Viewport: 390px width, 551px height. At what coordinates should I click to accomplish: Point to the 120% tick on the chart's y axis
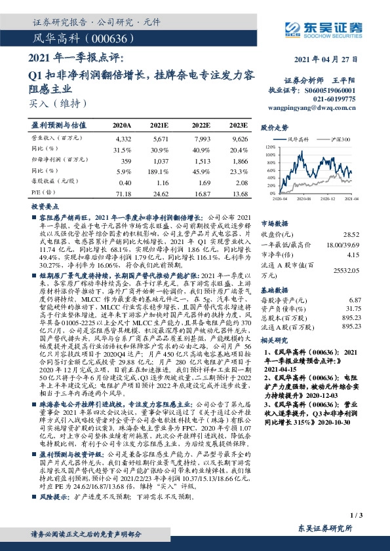pyautogui.click(x=270, y=148)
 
